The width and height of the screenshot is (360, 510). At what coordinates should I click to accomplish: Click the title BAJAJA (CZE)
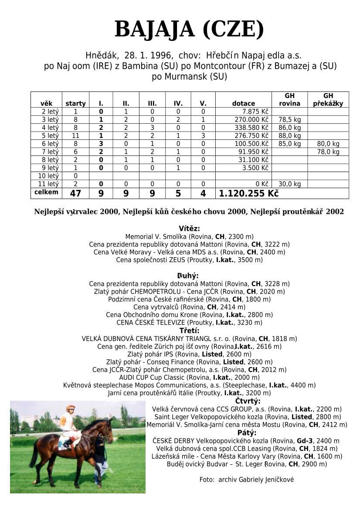click(x=189, y=30)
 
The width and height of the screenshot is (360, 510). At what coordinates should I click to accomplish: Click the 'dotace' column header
click(x=244, y=104)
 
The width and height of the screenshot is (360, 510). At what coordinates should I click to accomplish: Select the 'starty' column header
click(x=75, y=104)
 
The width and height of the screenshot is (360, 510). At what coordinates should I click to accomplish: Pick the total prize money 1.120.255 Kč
click(x=248, y=193)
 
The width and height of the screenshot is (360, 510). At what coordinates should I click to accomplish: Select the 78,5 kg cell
click(x=290, y=120)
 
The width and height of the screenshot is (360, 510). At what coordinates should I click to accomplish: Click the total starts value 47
click(x=75, y=193)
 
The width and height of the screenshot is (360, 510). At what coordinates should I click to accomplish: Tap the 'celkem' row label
click(x=46, y=192)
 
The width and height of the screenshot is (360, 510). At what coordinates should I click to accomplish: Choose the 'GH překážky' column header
click(x=328, y=100)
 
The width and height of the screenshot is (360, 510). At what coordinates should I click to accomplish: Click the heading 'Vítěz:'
click(x=189, y=229)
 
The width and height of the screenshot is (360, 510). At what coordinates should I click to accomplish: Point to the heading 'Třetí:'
click(x=189, y=331)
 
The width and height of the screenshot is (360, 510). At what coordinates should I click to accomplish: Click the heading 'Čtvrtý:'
click(x=248, y=401)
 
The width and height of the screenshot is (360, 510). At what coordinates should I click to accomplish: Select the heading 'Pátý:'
click(x=247, y=433)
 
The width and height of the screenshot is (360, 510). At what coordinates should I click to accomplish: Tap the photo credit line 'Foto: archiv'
click(x=246, y=480)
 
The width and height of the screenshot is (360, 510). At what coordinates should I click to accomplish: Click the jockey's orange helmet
click(x=71, y=408)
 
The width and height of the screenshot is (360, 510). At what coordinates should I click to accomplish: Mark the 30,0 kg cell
click(x=290, y=184)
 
